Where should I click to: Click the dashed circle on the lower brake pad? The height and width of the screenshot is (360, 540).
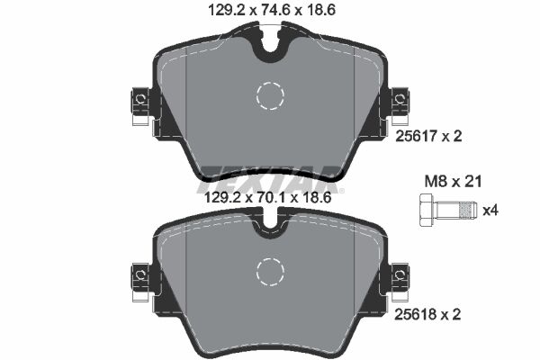(x=269, y=270)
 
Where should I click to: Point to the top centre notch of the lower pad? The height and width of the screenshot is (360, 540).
(x=269, y=225)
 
